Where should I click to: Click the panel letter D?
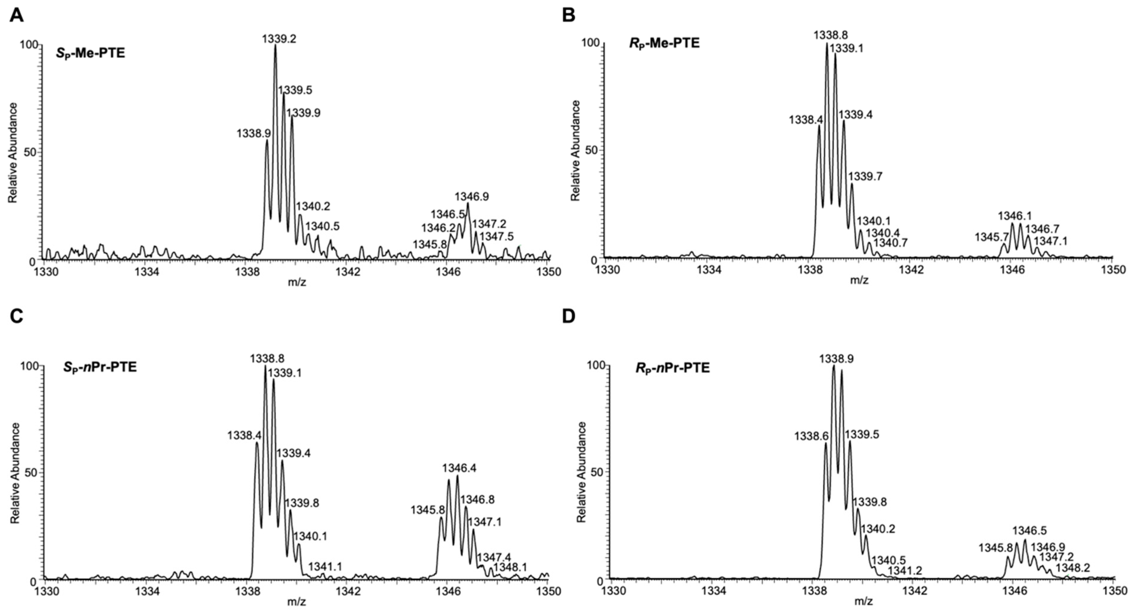pyautogui.click(x=569, y=316)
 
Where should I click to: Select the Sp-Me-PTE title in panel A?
pyautogui.click(x=91, y=53)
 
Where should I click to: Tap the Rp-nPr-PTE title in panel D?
pyautogui.click(x=673, y=368)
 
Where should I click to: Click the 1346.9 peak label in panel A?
pyautogui.click(x=471, y=196)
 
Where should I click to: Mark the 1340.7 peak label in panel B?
pyautogui.click(x=890, y=242)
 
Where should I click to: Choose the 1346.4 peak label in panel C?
pyautogui.click(x=459, y=468)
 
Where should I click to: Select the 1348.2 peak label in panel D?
pyautogui.click(x=1073, y=568)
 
